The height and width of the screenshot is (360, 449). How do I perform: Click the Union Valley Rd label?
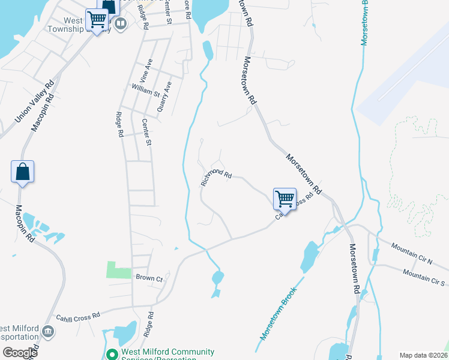tap(34, 102)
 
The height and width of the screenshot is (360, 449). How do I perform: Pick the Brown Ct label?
tap(149, 278)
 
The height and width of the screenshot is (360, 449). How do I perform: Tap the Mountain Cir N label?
tap(411, 253)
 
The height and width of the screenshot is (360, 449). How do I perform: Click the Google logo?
tap(20, 352)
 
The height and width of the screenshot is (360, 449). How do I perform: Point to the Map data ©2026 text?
tap(423, 355)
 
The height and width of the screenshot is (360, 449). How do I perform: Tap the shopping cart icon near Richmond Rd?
tap(285, 197)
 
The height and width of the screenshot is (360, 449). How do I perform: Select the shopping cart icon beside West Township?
tap(97, 19)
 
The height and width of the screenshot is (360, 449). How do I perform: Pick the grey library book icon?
tap(121, 24)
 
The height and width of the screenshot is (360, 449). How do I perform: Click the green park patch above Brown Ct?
tap(118, 269)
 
